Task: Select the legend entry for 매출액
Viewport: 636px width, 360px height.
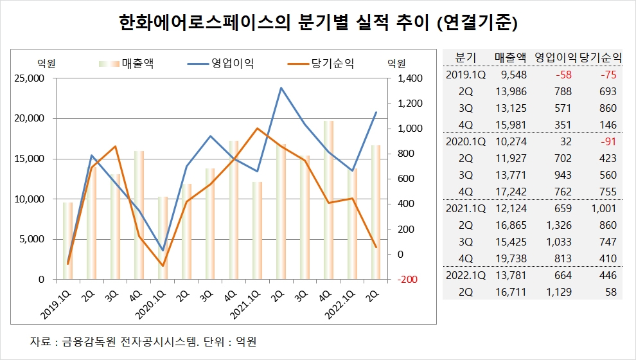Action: click(126, 63)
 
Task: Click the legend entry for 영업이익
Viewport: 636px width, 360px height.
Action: click(220, 63)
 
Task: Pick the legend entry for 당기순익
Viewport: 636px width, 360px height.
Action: click(321, 63)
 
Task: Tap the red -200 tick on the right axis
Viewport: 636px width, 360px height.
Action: click(407, 280)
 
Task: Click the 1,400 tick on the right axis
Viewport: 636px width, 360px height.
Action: click(410, 78)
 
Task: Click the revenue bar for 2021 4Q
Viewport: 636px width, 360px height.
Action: click(328, 200)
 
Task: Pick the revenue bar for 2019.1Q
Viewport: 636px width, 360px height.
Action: click(67, 241)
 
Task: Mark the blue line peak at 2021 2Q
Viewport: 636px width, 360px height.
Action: click(281, 87)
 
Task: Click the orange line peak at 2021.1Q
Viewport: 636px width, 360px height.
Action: click(258, 129)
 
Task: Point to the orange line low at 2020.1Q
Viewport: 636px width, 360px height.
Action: click(163, 266)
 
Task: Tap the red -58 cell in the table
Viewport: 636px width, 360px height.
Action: click(563, 75)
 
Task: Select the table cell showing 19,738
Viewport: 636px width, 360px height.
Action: click(511, 258)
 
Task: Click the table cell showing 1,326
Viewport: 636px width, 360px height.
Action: click(559, 225)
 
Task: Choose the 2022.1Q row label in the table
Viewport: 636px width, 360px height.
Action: click(465, 275)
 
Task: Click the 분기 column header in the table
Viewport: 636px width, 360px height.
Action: click(465, 58)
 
